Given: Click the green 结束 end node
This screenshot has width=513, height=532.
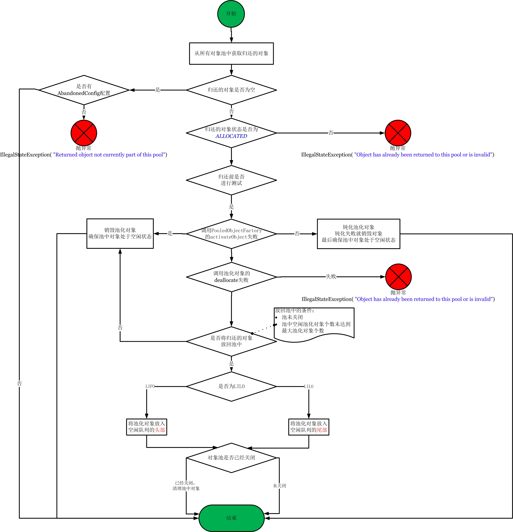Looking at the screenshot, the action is point(231,518).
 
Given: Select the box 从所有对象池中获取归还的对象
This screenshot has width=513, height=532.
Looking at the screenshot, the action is point(231,53).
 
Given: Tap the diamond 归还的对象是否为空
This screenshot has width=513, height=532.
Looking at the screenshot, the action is point(231,90).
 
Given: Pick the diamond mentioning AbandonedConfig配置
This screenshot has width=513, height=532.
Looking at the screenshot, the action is point(84,90).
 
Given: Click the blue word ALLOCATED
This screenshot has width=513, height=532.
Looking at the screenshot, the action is point(231,136).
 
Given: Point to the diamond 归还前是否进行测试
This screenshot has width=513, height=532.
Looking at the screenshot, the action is point(231,180).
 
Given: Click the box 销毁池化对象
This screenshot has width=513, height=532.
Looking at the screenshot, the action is point(120,233).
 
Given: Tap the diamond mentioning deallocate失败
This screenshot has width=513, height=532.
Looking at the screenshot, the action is point(231,277).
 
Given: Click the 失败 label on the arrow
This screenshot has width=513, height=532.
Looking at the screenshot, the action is point(331,276).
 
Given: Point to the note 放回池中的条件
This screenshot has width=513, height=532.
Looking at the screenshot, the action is point(314,324).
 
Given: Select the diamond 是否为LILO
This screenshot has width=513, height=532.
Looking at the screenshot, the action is point(231,386).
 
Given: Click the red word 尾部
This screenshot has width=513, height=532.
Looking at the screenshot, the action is point(322,430).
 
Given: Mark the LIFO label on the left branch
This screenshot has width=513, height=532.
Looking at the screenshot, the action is point(150,386).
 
